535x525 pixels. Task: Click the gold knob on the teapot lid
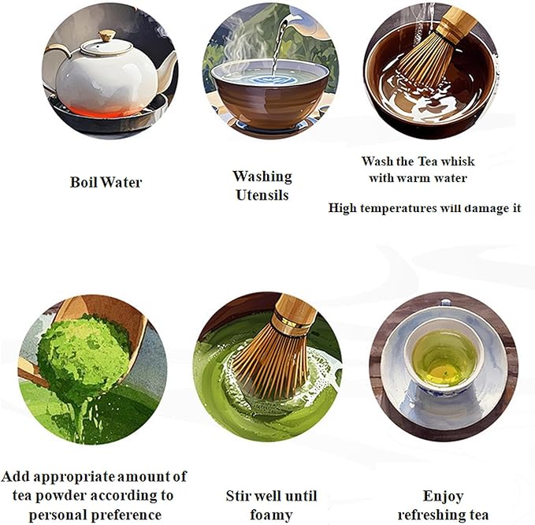coord(106,35)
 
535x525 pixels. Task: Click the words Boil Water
coord(106,182)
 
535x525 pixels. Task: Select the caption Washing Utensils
coord(262,184)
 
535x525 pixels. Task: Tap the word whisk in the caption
coord(459,161)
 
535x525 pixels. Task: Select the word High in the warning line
coord(344,209)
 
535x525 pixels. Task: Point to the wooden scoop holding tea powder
coord(110,315)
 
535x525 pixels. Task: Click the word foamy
coord(270,516)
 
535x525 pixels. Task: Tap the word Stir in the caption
coord(240,496)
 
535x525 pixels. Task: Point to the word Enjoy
coord(444,496)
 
